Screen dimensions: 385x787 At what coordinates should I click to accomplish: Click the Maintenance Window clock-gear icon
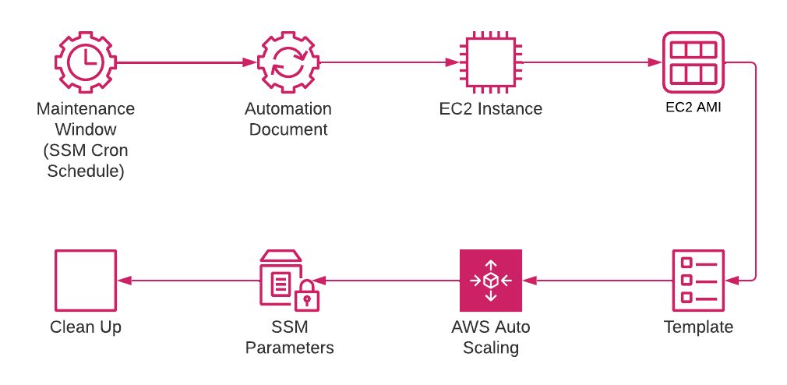[x=85, y=62]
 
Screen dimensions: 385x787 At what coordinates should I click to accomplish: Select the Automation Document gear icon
[x=288, y=62]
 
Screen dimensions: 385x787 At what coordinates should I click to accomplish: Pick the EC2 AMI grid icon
[x=693, y=62]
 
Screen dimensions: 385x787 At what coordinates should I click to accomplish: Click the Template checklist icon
[x=698, y=281]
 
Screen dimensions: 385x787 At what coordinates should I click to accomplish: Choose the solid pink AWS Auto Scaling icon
[x=491, y=281]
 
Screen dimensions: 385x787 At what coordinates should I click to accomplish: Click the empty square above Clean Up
[x=86, y=281]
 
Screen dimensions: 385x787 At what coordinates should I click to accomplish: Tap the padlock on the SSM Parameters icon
[x=307, y=296]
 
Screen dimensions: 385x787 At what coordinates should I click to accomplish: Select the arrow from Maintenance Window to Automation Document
[x=186, y=62]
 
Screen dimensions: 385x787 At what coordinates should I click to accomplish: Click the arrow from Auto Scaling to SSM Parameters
[x=390, y=281]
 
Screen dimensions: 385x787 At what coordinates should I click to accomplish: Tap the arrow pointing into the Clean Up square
[x=187, y=281]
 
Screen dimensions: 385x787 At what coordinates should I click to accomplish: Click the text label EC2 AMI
[x=693, y=108]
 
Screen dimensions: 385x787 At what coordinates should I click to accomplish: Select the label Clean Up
[x=86, y=327]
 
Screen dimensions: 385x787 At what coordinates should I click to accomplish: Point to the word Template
[x=698, y=327]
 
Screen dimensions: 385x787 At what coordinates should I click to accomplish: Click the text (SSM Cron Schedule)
[x=86, y=161]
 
